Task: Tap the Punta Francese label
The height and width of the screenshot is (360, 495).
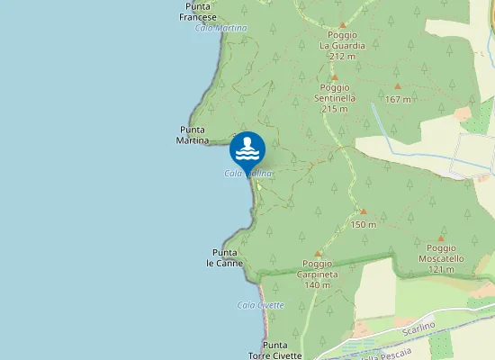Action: coord(198,13)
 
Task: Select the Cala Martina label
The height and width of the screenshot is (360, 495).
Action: coord(220,28)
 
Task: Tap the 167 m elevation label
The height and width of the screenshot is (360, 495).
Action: coord(397,99)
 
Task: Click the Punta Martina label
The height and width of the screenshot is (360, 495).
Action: coord(193,135)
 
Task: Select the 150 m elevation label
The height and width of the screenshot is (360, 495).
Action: coord(363,224)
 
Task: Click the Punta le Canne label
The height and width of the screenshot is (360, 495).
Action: coord(225,257)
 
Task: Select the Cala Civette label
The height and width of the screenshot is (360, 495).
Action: coord(261,305)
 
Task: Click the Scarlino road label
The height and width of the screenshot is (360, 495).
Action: coord(418,327)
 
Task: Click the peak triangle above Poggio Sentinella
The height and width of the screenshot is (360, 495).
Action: coord(335,78)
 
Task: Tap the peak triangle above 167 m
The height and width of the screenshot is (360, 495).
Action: coord(397,86)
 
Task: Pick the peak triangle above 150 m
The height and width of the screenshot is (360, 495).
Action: coord(364,211)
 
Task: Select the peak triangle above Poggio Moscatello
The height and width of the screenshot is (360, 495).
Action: coord(441,239)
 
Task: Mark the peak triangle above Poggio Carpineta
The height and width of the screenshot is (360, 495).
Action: coord(319,255)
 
